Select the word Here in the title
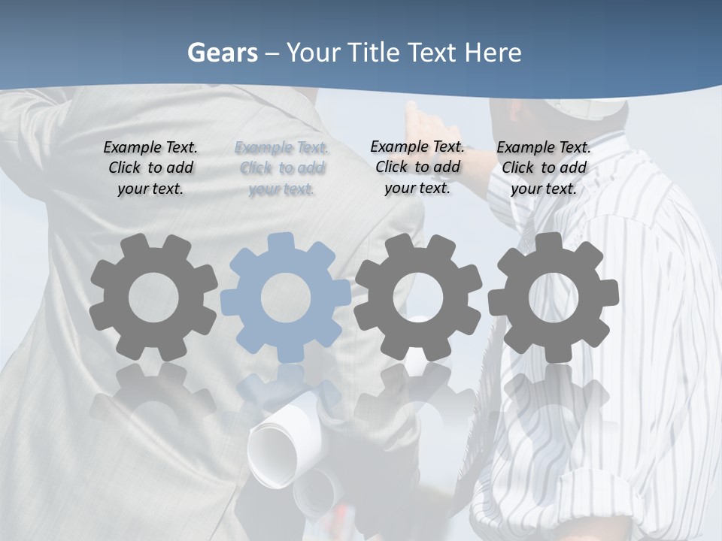(493, 53)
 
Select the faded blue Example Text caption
(281, 168)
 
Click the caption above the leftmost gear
(150, 168)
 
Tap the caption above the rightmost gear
(544, 168)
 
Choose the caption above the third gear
(417, 167)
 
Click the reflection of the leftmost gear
(153, 398)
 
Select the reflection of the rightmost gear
(555, 398)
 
